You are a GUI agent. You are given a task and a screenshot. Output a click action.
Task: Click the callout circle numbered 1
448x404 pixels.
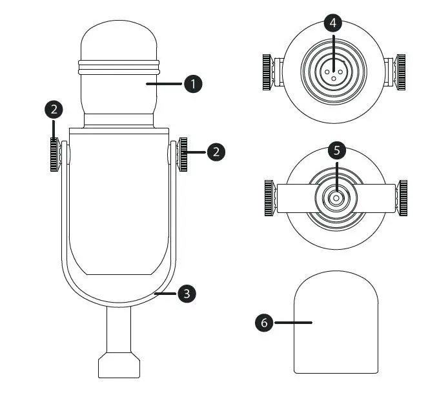point(193,84)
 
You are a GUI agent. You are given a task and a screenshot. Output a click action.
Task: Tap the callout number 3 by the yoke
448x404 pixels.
point(187,294)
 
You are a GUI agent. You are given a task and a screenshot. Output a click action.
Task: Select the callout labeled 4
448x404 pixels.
point(333,23)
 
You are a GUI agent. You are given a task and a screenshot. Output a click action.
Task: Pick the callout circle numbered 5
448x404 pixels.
point(337,150)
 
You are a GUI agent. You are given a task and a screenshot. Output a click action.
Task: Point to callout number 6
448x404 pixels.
point(264,323)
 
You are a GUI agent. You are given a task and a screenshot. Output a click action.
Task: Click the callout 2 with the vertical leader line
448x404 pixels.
point(54,110)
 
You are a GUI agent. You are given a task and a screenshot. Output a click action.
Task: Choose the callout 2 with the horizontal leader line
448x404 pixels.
point(216,152)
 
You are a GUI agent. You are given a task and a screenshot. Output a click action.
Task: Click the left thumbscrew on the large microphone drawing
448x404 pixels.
point(55,155)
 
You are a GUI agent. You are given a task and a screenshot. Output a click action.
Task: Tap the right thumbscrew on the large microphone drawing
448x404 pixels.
point(182,155)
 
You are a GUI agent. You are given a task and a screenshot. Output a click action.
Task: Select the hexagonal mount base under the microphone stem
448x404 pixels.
point(119,365)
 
